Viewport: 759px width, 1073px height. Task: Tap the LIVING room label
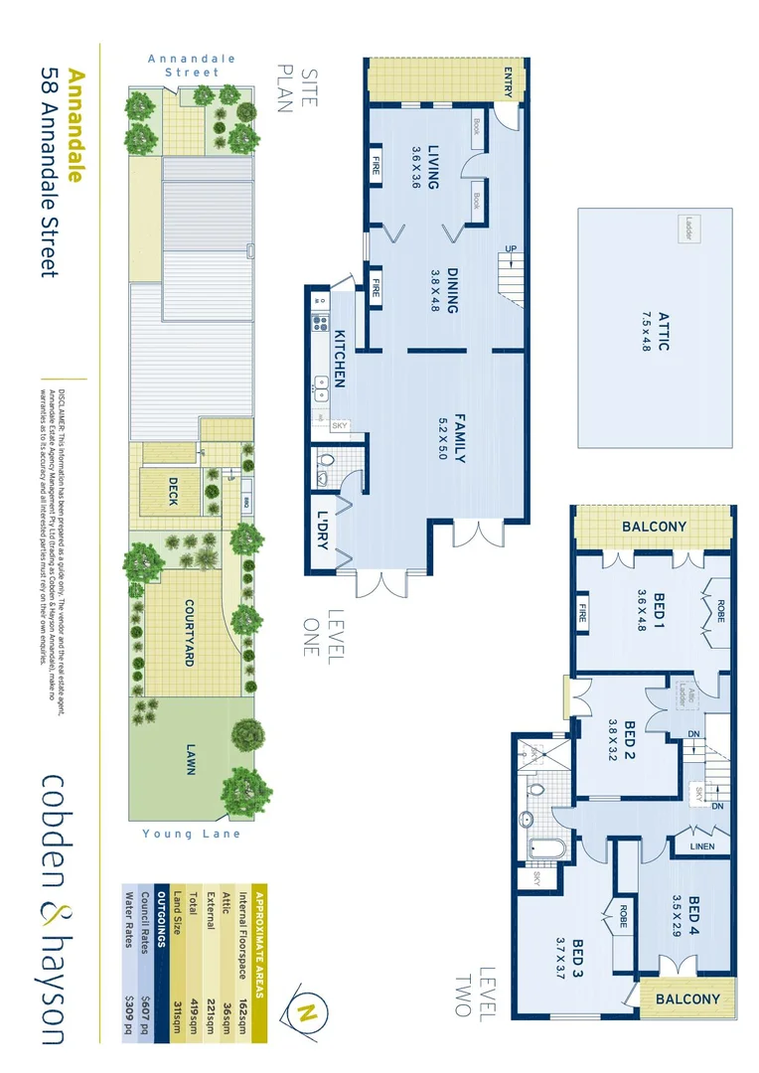point(433,166)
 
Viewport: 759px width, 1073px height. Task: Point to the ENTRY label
point(509,77)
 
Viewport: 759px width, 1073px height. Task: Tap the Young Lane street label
point(192,834)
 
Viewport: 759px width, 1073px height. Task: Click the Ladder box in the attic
point(687,228)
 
